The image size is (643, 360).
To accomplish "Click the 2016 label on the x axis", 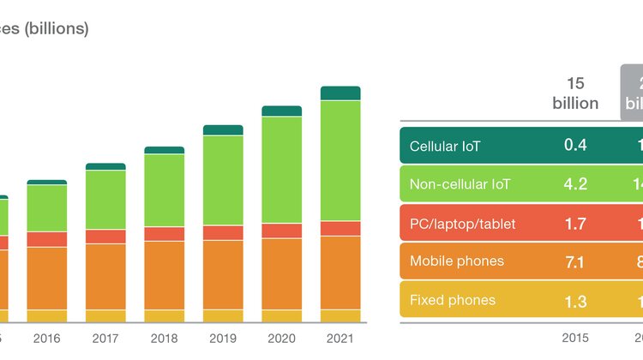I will (x=47, y=339).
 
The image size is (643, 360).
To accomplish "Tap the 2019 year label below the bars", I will (x=223, y=339).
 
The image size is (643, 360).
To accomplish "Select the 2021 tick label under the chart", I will (x=340, y=339).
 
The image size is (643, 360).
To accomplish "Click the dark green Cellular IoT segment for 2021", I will (x=340, y=93).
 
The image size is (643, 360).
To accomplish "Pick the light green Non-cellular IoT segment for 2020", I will (x=281, y=169).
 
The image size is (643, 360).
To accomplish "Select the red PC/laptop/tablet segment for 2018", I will (x=164, y=233).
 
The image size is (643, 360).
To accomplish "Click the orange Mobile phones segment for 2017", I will (x=105, y=276).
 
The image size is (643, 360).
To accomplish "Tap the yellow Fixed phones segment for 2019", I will (x=223, y=315).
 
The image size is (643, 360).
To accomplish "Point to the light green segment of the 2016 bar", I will (x=47, y=207).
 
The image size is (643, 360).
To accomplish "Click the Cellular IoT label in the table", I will (x=446, y=146).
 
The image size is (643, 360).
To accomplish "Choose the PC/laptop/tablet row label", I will (x=463, y=224).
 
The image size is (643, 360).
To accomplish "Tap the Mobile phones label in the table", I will (x=457, y=261).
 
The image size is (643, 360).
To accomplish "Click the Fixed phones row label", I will (x=453, y=300).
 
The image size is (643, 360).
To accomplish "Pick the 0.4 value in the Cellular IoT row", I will (x=575, y=145).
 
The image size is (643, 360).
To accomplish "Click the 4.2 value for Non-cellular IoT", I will (x=575, y=184).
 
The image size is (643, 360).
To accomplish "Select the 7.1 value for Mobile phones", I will (x=575, y=261).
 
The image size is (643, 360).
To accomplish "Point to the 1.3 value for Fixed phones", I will (x=575, y=300).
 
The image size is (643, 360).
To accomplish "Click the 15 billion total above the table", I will (x=575, y=93).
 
